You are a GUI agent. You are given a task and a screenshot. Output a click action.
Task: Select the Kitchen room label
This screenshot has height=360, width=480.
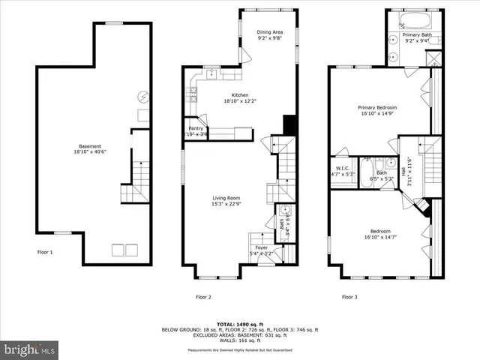click(x=240, y=95)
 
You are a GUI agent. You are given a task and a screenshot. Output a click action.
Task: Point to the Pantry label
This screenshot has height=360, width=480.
click(x=196, y=128)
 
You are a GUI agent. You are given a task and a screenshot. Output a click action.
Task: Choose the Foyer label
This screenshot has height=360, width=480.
click(x=261, y=247)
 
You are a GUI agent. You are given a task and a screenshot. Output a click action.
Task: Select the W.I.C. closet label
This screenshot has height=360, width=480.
click(x=343, y=169)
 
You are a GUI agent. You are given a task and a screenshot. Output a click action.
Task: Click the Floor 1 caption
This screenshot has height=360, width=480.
click(x=46, y=252)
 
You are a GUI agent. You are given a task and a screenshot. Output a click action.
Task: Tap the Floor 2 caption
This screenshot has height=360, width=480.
click(x=203, y=297)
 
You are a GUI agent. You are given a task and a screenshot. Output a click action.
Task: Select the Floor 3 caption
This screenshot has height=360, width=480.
click(x=349, y=297)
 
